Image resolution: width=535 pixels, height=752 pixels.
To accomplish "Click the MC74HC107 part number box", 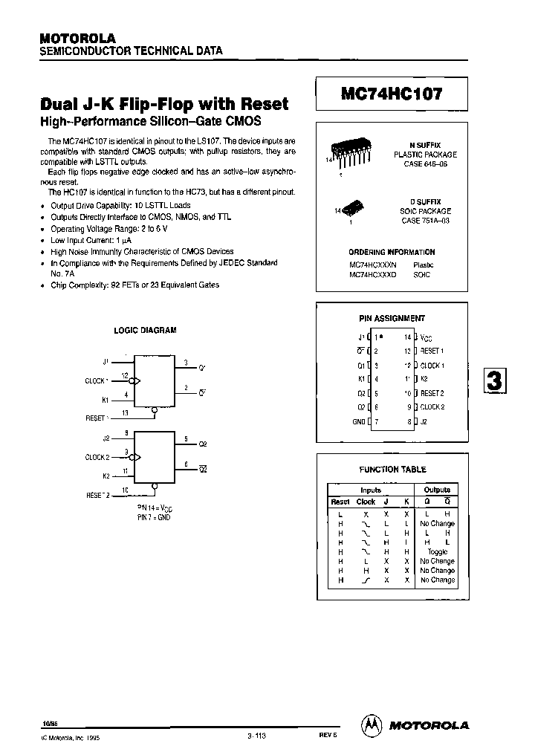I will point(392,94).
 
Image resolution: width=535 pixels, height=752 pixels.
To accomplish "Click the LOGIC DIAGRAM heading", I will point(145,331).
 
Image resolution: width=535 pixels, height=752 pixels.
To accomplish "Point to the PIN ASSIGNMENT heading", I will point(392,318).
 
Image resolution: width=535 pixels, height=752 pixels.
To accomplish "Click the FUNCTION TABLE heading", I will point(392,470).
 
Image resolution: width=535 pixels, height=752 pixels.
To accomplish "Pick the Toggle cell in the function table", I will point(437,551).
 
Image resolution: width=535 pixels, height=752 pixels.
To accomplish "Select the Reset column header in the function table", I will point(340,502).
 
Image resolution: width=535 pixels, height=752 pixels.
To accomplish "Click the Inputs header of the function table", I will point(371,490).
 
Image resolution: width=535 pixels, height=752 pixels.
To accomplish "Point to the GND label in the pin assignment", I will point(359,421).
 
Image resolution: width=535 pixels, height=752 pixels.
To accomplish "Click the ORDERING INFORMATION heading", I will point(392,252).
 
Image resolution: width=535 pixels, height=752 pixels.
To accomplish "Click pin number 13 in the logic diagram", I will point(125,412).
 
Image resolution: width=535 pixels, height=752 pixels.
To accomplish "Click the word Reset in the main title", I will point(261,105).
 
